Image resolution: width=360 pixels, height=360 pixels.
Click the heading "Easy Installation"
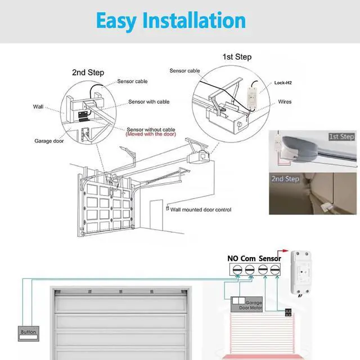point(170,21)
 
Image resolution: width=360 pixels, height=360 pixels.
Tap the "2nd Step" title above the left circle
point(88,73)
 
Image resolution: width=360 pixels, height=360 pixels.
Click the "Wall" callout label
point(38,106)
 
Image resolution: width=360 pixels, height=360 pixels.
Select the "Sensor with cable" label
point(148,102)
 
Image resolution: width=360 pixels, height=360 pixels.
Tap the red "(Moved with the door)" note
point(150,134)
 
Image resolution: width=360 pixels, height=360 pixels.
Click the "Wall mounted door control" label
point(201,210)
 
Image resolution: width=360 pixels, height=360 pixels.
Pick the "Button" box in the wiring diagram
point(28,332)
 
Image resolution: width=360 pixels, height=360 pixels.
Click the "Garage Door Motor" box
point(246,305)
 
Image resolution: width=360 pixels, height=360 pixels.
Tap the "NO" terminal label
point(233,259)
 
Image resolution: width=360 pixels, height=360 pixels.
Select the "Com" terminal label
point(248,259)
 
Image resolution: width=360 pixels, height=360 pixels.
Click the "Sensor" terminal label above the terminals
point(270,259)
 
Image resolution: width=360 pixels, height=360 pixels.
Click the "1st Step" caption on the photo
point(341,137)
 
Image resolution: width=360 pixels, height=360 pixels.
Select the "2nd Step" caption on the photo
point(285,179)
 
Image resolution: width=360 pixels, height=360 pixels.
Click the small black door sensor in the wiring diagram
point(287,313)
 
